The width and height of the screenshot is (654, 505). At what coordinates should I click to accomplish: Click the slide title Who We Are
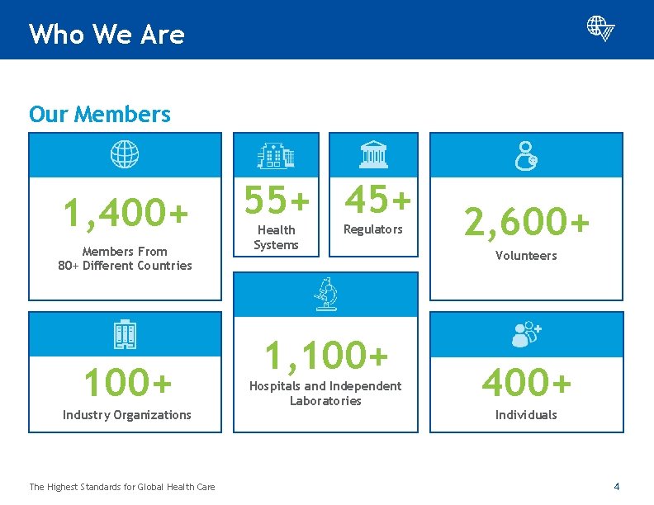tap(107, 34)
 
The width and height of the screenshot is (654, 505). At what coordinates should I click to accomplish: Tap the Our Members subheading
tap(100, 114)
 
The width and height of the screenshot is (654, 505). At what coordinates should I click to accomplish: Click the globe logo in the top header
tap(600, 28)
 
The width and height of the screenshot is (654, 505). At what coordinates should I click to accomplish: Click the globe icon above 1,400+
tap(126, 154)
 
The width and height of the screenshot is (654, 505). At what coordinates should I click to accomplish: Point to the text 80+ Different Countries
tap(125, 266)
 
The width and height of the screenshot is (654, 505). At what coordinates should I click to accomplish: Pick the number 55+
tap(277, 199)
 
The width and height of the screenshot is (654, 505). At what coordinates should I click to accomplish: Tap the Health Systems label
tap(276, 238)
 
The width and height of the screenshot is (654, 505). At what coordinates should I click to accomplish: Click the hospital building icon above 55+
tap(276, 154)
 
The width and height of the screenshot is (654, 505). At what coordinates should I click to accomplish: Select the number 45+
tap(377, 198)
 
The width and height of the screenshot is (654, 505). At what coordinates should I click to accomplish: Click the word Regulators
tap(373, 229)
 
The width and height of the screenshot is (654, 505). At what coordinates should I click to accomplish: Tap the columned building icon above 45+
tap(373, 154)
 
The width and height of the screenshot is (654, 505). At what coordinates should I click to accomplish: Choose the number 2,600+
tap(527, 221)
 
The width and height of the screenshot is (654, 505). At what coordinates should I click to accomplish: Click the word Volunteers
tap(526, 256)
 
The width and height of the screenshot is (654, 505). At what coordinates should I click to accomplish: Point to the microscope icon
tap(325, 295)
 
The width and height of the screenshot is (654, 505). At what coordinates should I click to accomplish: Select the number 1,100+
tap(325, 355)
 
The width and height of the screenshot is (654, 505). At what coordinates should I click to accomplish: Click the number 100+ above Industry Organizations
tap(127, 382)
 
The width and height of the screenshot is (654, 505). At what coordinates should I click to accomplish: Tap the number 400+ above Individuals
tap(526, 382)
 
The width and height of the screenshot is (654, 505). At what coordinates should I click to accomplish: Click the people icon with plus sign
tap(526, 334)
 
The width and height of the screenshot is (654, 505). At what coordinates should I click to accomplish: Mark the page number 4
tap(616, 485)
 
